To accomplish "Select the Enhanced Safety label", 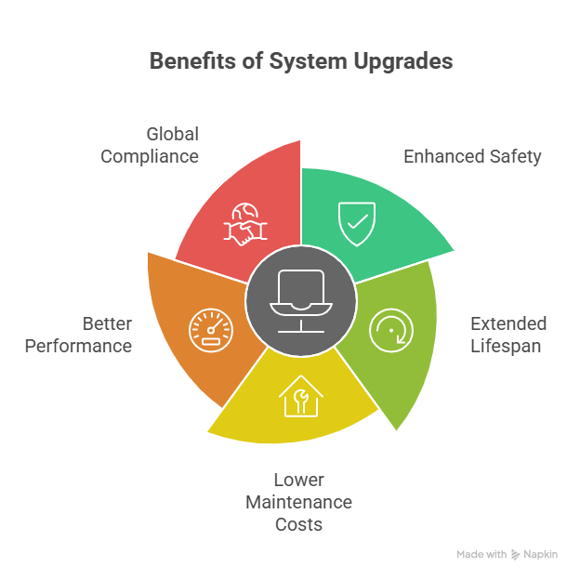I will pyautogui.click(x=471, y=156).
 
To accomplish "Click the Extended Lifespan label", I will pyautogui.click(x=507, y=335).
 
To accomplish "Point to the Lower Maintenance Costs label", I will pyautogui.click(x=298, y=502).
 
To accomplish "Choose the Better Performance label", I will pyautogui.click(x=78, y=335).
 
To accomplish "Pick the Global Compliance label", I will pyautogui.click(x=150, y=145).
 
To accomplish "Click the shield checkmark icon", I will pyautogui.click(x=357, y=223).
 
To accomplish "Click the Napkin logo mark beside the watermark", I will pyautogui.click(x=517, y=554).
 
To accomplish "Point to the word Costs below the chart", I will pyautogui.click(x=298, y=524).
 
